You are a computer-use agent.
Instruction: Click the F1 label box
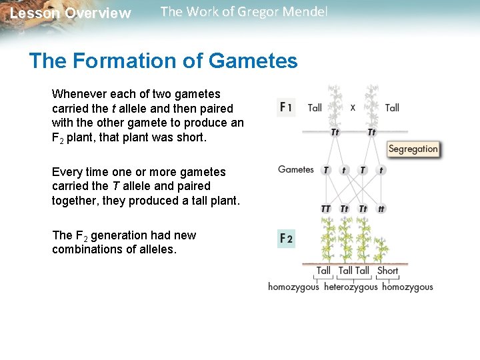tap(286, 107)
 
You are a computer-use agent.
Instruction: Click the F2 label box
tap(286, 238)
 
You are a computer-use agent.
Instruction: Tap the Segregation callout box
tap(413, 149)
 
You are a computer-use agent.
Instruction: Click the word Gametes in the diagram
tap(296, 169)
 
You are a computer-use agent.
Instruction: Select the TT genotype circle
tap(326, 209)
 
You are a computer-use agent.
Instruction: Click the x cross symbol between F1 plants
tap(353, 107)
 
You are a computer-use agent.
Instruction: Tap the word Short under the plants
tap(387, 271)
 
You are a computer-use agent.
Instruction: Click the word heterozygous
tap(351, 287)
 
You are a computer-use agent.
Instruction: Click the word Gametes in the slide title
tap(253, 61)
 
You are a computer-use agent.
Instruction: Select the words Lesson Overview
tap(71, 13)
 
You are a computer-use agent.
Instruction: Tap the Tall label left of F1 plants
tap(315, 107)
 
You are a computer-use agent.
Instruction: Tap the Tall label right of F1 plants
tap(392, 107)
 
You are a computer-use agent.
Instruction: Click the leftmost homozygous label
tap(293, 287)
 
